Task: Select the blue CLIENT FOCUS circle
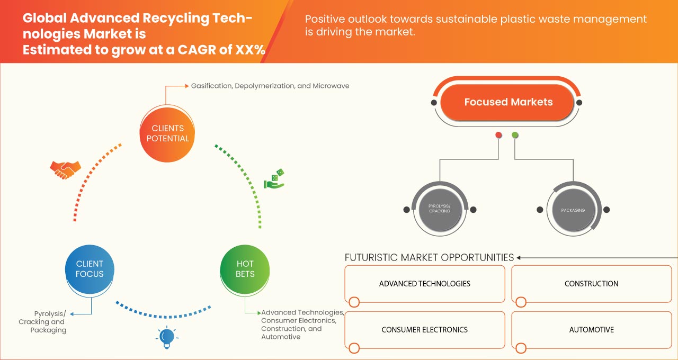point(90,269)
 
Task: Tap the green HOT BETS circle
point(245,269)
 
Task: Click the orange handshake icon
point(65,169)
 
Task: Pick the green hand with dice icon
point(274,179)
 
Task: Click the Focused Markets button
point(508,102)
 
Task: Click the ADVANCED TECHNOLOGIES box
point(424,284)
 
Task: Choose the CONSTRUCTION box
point(591,284)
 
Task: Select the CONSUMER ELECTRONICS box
point(424,330)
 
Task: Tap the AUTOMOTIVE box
point(591,330)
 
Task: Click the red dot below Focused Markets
point(498,136)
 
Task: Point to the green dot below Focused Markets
point(515,136)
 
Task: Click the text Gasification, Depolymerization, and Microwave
point(270,86)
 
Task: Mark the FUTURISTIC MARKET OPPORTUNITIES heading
point(429,258)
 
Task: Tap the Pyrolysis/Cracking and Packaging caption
point(43,322)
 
